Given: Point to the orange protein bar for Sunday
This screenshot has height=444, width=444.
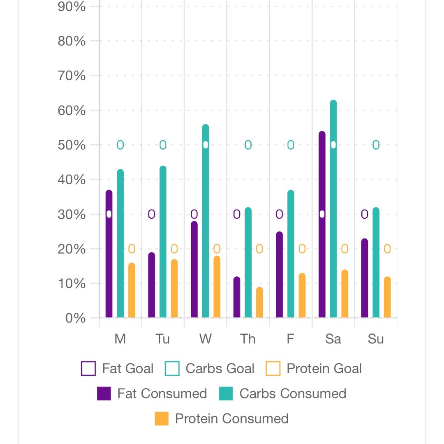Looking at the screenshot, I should pos(387,298).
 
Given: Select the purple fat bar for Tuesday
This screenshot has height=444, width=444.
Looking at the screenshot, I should pos(152,285).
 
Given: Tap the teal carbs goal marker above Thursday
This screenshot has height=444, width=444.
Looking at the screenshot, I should pos(248,145).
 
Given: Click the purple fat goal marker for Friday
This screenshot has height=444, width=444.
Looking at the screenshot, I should pos(279,214).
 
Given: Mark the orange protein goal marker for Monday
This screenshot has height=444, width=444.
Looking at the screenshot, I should pos(132,249).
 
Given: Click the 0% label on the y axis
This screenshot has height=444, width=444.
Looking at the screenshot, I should pos(75,318).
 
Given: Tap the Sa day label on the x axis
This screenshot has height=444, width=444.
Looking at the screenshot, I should pos(333,339).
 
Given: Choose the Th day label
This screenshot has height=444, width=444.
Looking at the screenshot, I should pos(248,339).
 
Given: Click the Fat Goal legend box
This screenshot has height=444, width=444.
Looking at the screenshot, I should pos(88,368).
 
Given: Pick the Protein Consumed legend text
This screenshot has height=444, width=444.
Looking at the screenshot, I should pos(231,419).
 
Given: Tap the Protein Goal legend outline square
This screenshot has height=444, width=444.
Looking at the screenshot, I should pos(273,368).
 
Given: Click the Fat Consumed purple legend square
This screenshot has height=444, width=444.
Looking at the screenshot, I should pos(104,393).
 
